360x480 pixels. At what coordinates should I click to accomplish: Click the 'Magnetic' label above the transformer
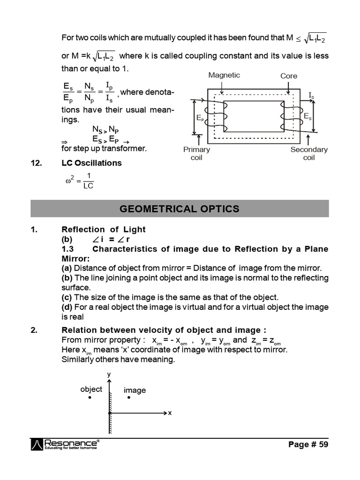[x=224, y=75]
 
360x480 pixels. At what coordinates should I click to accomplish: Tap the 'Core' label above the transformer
[x=289, y=76]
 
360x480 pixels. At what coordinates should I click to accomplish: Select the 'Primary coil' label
[x=196, y=153]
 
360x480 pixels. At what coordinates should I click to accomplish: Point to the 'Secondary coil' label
[x=309, y=153]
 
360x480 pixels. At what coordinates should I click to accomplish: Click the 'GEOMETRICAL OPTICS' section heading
[x=180, y=209]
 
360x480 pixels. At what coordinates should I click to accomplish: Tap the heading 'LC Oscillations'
[x=91, y=163]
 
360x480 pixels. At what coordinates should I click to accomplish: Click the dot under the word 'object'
[x=89, y=398]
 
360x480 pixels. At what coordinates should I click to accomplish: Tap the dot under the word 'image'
[x=128, y=398]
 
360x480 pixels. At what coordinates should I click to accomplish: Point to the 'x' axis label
[x=170, y=413]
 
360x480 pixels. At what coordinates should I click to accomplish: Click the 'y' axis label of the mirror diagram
[x=109, y=374]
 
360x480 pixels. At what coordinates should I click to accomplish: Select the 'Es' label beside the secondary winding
[x=307, y=115]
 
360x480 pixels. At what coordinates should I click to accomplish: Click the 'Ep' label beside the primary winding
[x=200, y=119]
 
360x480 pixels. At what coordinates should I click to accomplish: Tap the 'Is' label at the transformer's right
[x=311, y=96]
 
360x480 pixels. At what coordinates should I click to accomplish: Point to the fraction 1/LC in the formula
[x=88, y=181]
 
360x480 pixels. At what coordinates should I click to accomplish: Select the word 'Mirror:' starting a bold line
[x=75, y=258]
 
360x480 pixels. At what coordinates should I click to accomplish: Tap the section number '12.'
[x=37, y=163]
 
